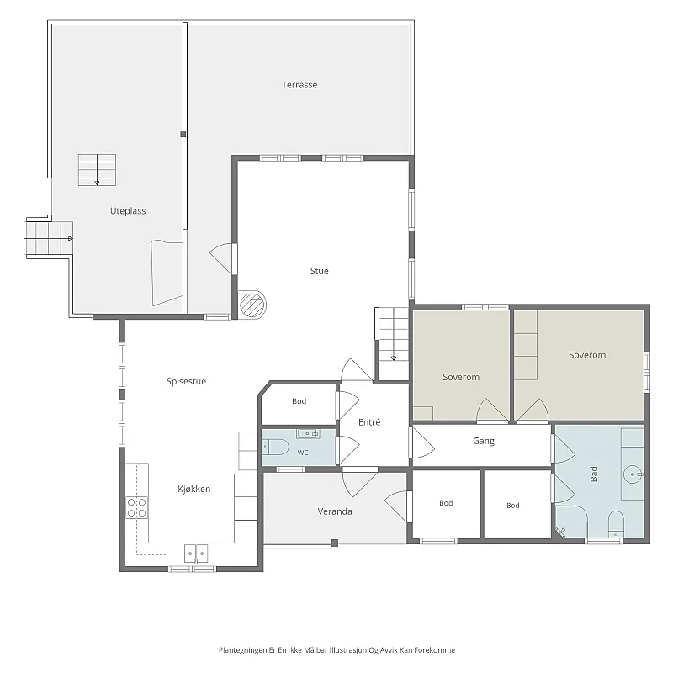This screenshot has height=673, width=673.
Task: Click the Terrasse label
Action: point(299,85)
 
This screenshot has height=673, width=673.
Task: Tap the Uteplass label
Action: point(128,211)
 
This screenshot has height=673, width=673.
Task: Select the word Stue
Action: point(320,271)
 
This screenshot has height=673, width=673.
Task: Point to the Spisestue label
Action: point(186,381)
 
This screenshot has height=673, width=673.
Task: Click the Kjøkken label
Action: point(194,489)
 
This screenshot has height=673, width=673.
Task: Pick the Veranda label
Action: point(335,511)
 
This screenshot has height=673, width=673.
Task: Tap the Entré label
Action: point(369,422)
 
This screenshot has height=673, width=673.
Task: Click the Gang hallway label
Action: point(484,441)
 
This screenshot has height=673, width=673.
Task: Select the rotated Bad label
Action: point(594,474)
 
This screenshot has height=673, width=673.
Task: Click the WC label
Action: point(303,453)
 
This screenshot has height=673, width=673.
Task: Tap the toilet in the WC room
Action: point(276,448)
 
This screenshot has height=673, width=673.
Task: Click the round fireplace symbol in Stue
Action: point(252,305)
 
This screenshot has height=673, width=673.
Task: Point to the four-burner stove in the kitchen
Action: point(137,507)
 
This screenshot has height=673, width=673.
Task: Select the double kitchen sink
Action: point(196,554)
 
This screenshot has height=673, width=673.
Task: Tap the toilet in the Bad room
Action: point(616,523)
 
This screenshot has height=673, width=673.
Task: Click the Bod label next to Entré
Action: point(299,401)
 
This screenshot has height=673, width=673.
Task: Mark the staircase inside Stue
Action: point(393,343)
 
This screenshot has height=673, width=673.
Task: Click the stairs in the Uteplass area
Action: point(97,170)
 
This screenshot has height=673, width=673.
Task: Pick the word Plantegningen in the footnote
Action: point(242,650)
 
